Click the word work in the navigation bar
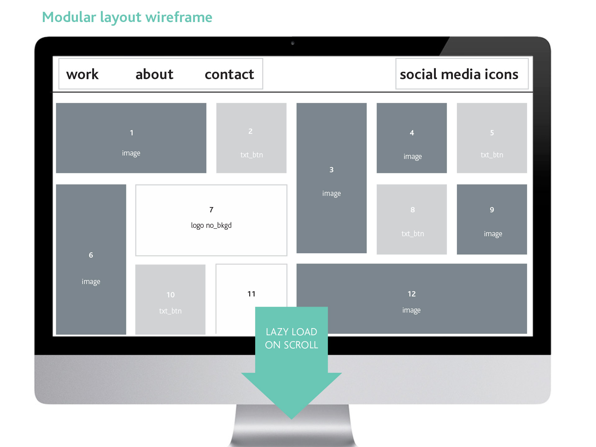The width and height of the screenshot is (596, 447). click(x=82, y=74)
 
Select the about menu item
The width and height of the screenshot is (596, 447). click(x=154, y=74)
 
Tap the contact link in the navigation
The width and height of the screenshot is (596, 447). click(x=229, y=74)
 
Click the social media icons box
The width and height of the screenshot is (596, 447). click(x=462, y=74)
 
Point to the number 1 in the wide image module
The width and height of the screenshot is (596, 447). click(x=132, y=133)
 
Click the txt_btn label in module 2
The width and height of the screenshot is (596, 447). click(x=251, y=155)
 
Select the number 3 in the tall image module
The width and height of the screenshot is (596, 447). click(x=332, y=170)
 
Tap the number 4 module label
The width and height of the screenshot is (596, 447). click(x=412, y=133)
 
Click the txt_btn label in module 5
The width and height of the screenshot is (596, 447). click(x=492, y=155)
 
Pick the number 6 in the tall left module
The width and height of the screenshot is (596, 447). click(x=91, y=255)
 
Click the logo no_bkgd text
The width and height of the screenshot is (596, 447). click(x=211, y=225)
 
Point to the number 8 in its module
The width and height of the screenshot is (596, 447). click(x=413, y=210)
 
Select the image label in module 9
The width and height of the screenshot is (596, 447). click(x=493, y=234)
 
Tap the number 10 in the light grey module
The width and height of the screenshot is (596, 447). click(x=170, y=295)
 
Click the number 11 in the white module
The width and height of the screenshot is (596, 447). click(x=251, y=294)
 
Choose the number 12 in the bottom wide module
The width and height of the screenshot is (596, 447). click(x=412, y=294)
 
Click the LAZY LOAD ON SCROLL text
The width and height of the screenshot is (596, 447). click(x=291, y=338)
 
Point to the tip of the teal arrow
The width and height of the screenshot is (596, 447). click(x=291, y=419)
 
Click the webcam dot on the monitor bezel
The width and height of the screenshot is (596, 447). click(x=292, y=43)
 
